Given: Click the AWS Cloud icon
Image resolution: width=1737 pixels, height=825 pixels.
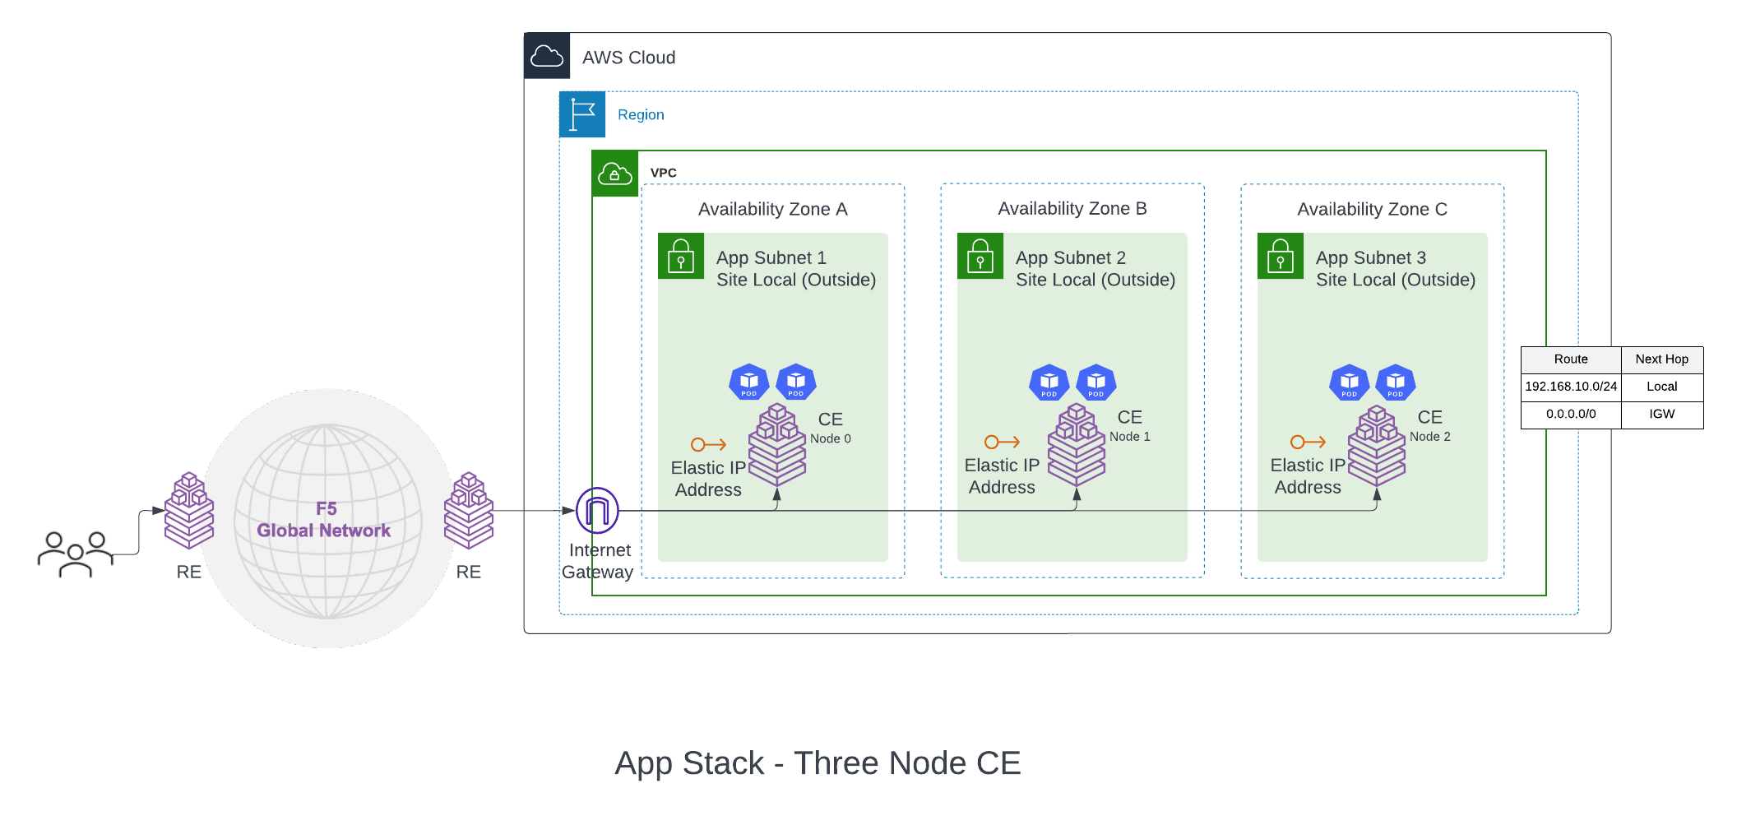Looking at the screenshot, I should click(547, 56).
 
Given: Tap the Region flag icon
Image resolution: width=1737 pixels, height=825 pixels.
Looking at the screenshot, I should click(582, 114).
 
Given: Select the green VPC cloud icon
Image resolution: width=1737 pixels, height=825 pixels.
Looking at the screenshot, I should click(615, 174).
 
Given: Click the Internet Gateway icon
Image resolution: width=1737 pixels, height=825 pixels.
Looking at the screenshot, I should click(597, 511).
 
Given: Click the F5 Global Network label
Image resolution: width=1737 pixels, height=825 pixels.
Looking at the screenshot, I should click(324, 520).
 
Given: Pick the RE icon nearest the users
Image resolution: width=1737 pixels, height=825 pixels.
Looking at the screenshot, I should click(189, 511).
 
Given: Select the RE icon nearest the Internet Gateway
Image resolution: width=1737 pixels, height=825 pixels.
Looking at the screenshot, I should click(469, 511).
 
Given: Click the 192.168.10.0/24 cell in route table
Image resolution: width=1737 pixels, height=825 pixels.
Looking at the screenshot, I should click(1571, 387).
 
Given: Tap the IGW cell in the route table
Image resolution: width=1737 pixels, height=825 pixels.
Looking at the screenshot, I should click(1661, 415).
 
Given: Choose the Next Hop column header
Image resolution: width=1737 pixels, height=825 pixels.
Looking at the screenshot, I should click(1661, 359).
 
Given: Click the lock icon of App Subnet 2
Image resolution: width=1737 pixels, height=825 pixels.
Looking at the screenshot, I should click(980, 256).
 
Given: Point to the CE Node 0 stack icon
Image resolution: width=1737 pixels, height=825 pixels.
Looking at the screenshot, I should click(777, 445).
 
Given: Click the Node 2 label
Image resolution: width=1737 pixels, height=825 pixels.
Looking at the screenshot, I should click(1429, 437).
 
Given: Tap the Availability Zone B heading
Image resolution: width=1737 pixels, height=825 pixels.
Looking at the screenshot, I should click(1072, 209).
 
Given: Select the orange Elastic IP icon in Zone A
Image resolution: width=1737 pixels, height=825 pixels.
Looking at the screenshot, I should click(708, 445).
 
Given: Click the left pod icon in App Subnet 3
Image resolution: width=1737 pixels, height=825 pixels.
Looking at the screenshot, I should click(1349, 382).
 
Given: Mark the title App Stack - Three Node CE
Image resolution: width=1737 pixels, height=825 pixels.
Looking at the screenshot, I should click(818, 763).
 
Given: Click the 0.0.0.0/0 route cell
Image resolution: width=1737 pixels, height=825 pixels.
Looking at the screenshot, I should click(1571, 415).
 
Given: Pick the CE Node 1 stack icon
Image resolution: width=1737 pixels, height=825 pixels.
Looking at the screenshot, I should click(1077, 445).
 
